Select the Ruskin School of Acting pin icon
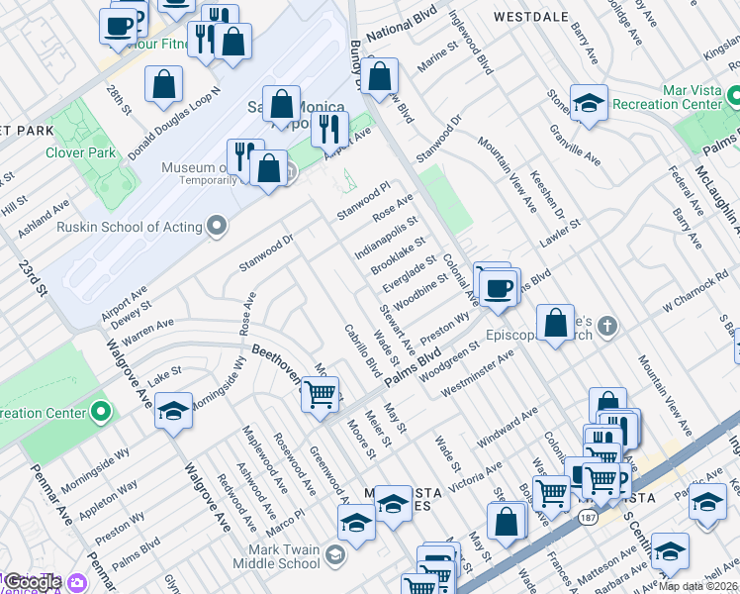point(216,227)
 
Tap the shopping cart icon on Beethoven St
point(320,395)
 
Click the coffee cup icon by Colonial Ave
point(499,287)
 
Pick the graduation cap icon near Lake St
point(172,411)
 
